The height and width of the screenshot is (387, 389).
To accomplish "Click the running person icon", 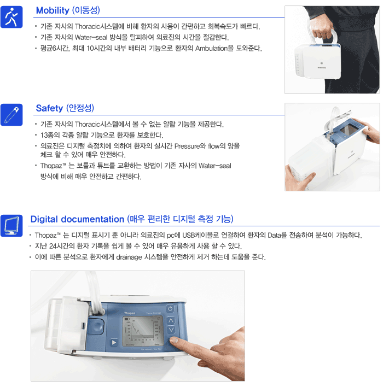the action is coord(11,17).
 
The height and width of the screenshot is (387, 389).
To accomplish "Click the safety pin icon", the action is coord(11,115).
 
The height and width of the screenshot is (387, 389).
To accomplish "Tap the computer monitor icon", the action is coord(11,226).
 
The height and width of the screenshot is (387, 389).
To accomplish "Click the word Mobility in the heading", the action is coord(53,10).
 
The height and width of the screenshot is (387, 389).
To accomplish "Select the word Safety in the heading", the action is coord(49,108).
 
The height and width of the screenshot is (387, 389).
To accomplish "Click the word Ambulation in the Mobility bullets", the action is coord(211,48).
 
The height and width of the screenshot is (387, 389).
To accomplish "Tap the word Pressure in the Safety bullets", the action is coord(187,146).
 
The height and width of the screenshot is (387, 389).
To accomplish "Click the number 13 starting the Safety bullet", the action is coord(44,135).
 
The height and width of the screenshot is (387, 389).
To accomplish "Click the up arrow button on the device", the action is coord(171,320).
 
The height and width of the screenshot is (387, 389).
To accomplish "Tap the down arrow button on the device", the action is coord(171,330).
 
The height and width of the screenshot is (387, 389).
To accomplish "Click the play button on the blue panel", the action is coord(114,342).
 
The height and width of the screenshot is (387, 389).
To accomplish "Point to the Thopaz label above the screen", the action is coord(130,313).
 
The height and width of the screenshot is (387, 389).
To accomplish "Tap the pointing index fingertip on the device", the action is coord(173,340).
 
